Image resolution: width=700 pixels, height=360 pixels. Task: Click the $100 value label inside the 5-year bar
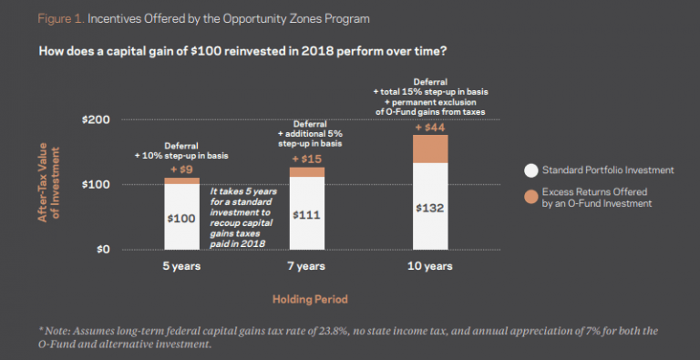[x=181, y=219]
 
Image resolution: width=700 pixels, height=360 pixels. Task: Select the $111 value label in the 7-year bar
[x=306, y=215]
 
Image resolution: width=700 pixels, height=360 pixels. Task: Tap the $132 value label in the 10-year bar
[x=430, y=207]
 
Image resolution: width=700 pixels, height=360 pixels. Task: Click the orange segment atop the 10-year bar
[x=430, y=149]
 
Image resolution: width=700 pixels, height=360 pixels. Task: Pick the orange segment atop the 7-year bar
[x=306, y=172]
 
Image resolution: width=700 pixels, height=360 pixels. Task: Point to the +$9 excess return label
[x=180, y=170]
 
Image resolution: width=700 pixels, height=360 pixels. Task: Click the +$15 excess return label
[x=306, y=159]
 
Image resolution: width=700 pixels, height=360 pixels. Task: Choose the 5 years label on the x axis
[x=181, y=267]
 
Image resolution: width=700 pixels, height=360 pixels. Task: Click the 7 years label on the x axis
[x=306, y=267]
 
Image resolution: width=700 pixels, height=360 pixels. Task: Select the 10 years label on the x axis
[x=430, y=267]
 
